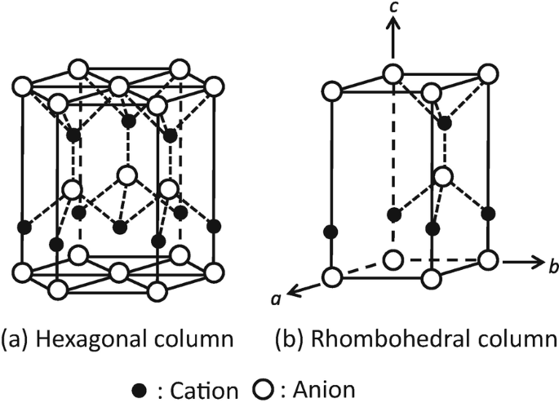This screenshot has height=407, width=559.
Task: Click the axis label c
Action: click(x=393, y=9)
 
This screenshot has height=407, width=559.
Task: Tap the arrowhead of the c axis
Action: click(x=393, y=25)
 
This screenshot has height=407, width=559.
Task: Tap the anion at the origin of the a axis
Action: click(x=331, y=277)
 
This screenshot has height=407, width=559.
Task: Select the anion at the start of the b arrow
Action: click(x=488, y=261)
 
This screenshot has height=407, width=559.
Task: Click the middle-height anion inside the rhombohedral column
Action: click(x=442, y=175)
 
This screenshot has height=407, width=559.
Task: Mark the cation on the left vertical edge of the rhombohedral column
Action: click(x=331, y=232)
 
